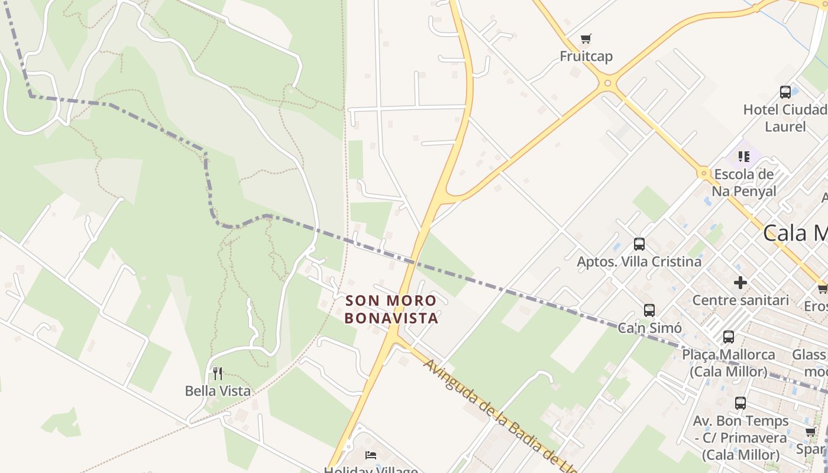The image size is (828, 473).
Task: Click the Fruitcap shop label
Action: tap(586, 56)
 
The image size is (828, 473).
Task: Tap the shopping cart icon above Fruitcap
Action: tap(586, 39)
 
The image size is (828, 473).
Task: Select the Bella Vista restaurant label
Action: tap(218, 391)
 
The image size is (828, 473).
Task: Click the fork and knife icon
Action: tap(218, 373)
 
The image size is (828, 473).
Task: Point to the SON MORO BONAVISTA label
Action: tap(392, 309)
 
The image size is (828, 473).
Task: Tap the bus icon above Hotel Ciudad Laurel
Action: tap(785, 92)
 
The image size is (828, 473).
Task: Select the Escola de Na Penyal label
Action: tap(743, 183)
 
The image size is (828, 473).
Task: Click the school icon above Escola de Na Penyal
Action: tap(743, 157)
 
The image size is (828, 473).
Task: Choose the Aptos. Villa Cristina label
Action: tap(639, 261)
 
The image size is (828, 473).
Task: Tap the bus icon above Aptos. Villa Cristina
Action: tap(639, 244)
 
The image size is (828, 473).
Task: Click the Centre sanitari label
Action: tap(740, 300)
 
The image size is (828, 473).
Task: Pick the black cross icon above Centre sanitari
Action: tap(740, 283)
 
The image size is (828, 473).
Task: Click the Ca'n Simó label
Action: tap(650, 328)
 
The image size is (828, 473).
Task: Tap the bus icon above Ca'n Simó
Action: tap(649, 310)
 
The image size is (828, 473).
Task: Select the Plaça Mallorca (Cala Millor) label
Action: tap(729, 363)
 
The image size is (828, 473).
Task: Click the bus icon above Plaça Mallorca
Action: tap(729, 337)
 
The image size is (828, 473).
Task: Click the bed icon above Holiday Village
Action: tap(371, 455)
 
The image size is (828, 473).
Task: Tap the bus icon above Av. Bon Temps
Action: tap(740, 403)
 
